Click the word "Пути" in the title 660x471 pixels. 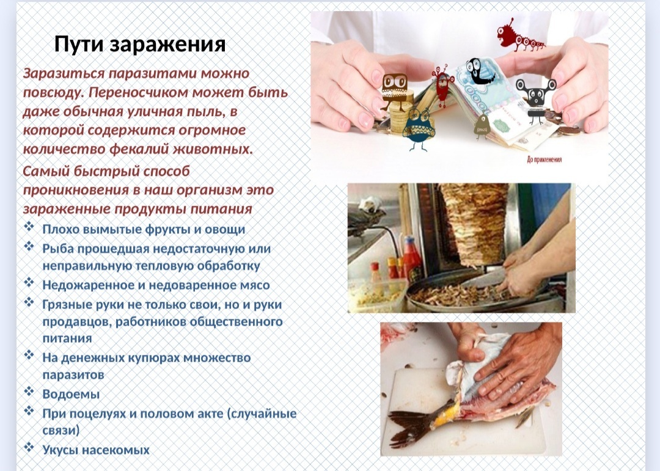[x=79, y=44]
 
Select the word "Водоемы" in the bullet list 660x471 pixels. [x=71, y=394]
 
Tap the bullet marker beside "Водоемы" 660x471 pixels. [x=29, y=392]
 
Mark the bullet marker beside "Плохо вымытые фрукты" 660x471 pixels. [x=29, y=227]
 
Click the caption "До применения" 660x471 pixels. [x=544, y=159]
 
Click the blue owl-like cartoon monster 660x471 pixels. [x=418, y=130]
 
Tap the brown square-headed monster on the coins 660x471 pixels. [x=394, y=90]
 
